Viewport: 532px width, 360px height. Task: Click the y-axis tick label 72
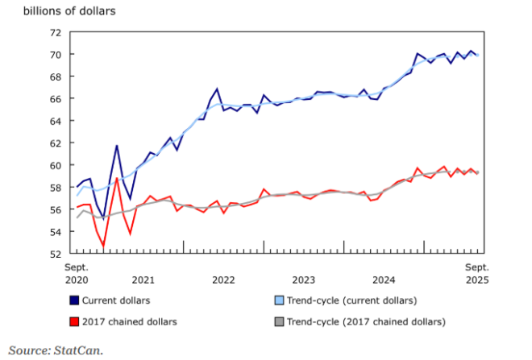click(x=55, y=32)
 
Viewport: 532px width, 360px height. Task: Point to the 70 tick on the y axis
click(x=55, y=55)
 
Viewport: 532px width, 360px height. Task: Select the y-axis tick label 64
click(x=55, y=121)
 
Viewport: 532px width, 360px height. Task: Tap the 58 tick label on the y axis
click(x=55, y=188)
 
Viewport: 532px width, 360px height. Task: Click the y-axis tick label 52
click(x=55, y=254)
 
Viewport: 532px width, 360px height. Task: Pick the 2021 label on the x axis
click(x=143, y=280)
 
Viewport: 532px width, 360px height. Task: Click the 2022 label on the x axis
click(x=223, y=280)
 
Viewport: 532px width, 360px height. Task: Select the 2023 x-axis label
click(x=303, y=280)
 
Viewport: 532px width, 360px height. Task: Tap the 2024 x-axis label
click(x=384, y=280)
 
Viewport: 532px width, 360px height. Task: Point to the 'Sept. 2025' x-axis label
click(x=476, y=273)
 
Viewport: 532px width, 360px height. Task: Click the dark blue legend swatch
click(x=74, y=300)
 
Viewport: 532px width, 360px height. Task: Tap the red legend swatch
click(x=74, y=322)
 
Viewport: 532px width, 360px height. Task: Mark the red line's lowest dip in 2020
click(x=103, y=246)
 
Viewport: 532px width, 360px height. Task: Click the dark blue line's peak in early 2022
click(x=217, y=89)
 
